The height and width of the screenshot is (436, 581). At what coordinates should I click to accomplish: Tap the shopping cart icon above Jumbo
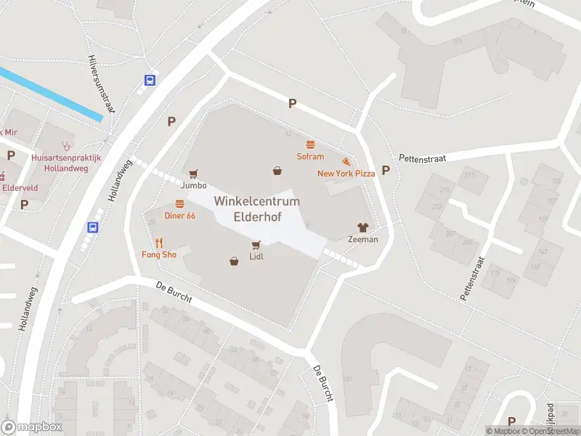(193, 173)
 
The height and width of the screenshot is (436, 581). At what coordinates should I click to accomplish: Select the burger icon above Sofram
(310, 145)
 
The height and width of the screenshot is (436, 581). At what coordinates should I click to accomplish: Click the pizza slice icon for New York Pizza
(346, 161)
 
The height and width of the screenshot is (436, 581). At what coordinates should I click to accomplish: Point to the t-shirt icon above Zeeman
(362, 227)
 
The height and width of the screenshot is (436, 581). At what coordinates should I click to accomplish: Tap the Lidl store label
(256, 257)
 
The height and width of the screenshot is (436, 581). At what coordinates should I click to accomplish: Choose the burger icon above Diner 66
(179, 203)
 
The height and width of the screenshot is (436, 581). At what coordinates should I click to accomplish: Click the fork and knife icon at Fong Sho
(158, 243)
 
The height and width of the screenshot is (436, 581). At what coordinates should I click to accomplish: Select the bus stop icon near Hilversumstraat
(150, 81)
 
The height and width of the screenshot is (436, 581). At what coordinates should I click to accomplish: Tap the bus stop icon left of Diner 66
(93, 227)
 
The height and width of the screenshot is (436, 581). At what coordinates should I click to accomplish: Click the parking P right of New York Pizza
(386, 171)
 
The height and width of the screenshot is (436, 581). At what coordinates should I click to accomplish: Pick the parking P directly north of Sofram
(292, 104)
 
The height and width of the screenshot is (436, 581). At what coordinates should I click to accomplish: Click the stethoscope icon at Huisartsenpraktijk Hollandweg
(67, 145)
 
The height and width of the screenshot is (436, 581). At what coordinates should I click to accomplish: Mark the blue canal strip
(51, 94)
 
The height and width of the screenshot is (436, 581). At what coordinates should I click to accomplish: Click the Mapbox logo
(32, 427)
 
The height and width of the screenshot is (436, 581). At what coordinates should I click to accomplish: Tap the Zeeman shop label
(363, 239)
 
